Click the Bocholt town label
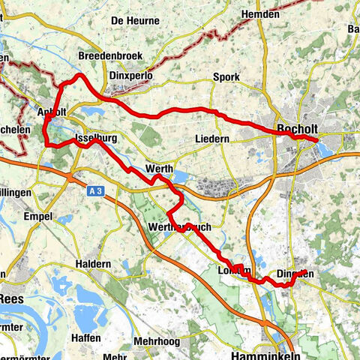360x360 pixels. point(298,129)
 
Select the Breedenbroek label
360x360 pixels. point(110,56)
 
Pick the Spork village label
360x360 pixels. point(226,77)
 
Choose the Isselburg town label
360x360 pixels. point(98,139)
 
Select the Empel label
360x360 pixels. point(37,217)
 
